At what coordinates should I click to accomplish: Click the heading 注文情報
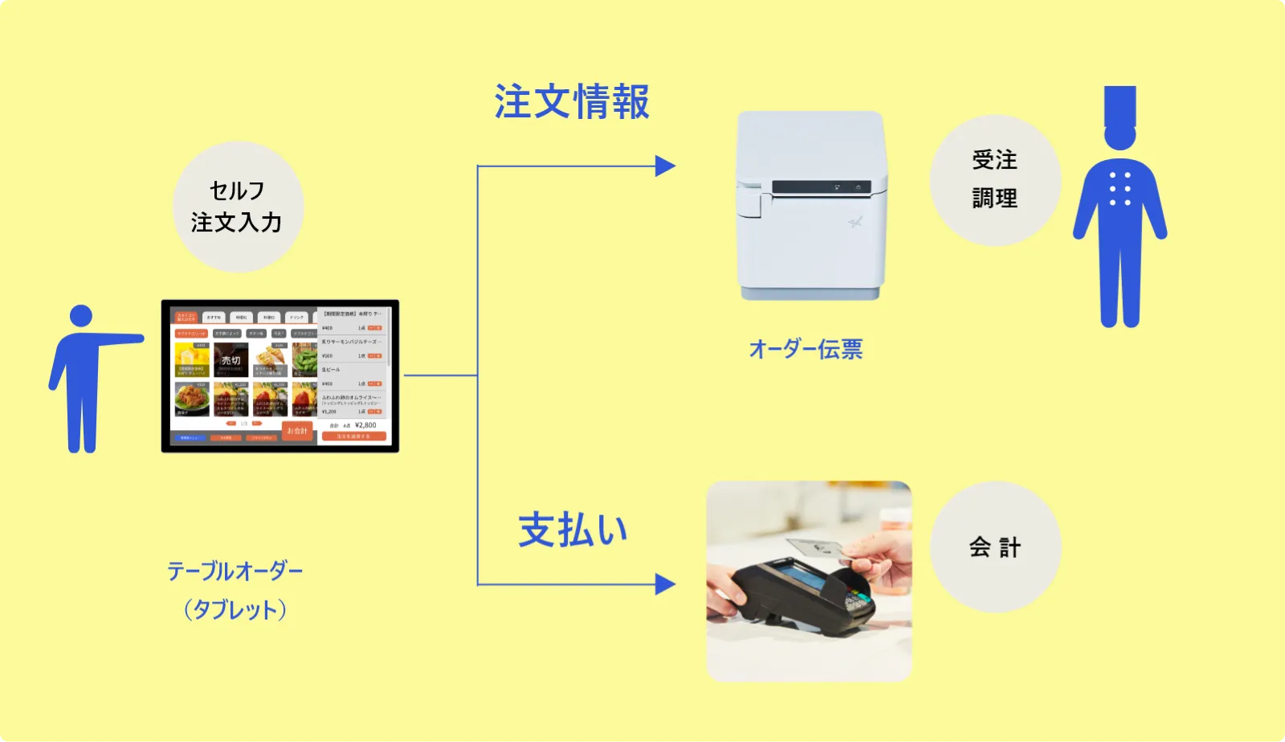click(571, 103)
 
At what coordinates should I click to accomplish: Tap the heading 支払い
click(572, 531)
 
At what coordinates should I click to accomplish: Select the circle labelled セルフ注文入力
click(238, 207)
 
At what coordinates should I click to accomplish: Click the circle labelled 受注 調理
click(994, 180)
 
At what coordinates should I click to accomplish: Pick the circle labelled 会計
click(995, 547)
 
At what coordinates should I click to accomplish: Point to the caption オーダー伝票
click(806, 349)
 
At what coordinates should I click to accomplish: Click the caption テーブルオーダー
click(235, 572)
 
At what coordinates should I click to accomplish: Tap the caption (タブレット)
click(235, 609)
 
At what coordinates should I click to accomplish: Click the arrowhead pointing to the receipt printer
click(665, 166)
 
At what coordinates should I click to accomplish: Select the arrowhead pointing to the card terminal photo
click(665, 584)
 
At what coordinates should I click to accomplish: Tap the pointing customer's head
click(81, 316)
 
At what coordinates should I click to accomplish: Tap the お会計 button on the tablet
click(297, 431)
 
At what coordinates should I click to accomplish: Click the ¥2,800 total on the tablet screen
click(365, 425)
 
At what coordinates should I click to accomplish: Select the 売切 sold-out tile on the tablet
click(230, 360)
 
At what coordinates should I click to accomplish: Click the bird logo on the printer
click(855, 221)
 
